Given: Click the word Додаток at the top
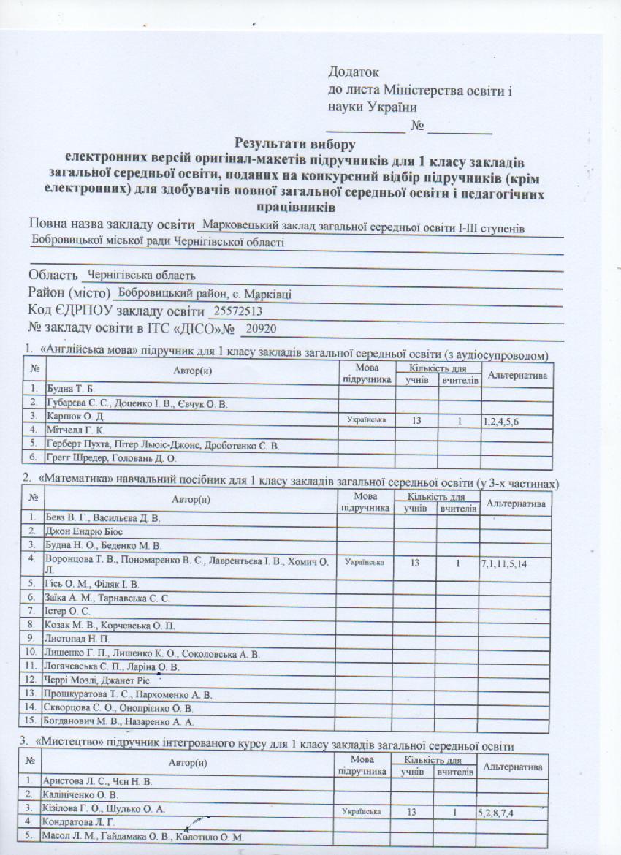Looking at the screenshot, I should (355, 72).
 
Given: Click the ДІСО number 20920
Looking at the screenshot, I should (262, 330).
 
